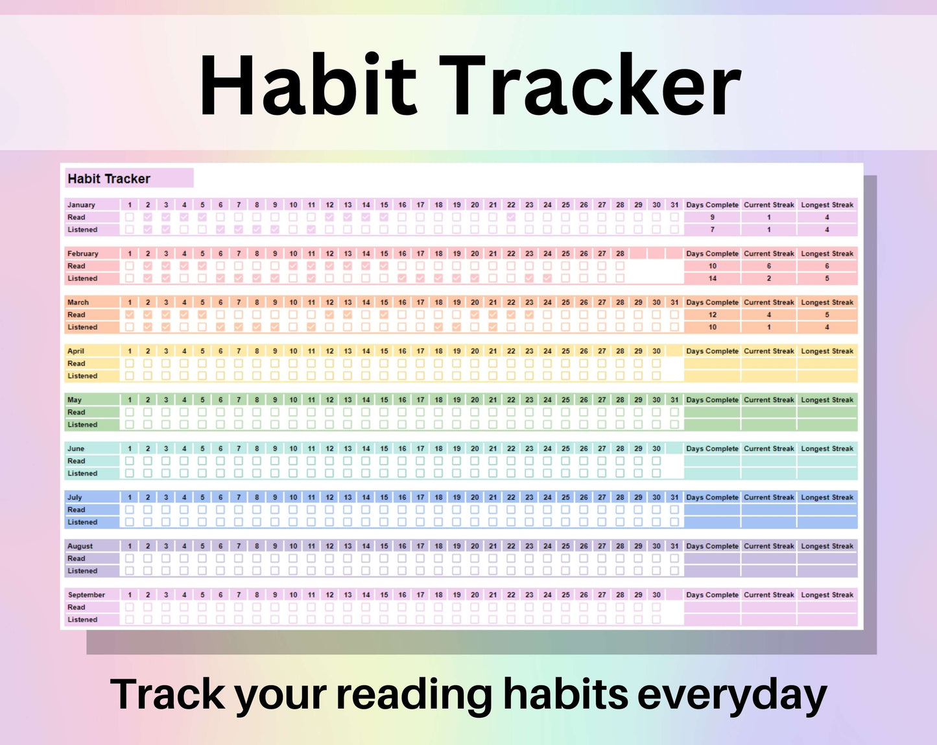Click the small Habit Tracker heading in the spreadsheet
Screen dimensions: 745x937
click(x=109, y=178)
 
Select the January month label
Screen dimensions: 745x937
click(x=81, y=205)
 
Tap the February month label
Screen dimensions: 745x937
click(x=83, y=254)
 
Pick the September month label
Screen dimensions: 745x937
click(x=86, y=595)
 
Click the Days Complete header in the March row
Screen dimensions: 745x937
click(x=712, y=302)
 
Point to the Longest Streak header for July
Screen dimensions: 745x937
click(x=827, y=498)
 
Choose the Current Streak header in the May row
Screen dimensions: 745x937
click(x=768, y=400)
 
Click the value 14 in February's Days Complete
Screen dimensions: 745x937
click(x=712, y=278)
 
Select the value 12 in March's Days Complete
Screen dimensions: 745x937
click(x=712, y=315)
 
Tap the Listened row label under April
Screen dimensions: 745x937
click(x=82, y=376)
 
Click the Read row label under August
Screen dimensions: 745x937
click(x=77, y=559)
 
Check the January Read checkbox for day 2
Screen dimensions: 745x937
click(x=148, y=217)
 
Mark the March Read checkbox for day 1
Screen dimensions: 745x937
click(x=130, y=315)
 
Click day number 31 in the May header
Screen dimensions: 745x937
click(x=674, y=400)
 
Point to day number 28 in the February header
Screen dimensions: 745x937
click(x=620, y=254)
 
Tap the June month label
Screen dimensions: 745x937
click(x=76, y=449)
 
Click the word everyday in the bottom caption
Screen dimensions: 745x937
click(x=732, y=694)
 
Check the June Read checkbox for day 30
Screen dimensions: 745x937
click(x=656, y=461)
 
